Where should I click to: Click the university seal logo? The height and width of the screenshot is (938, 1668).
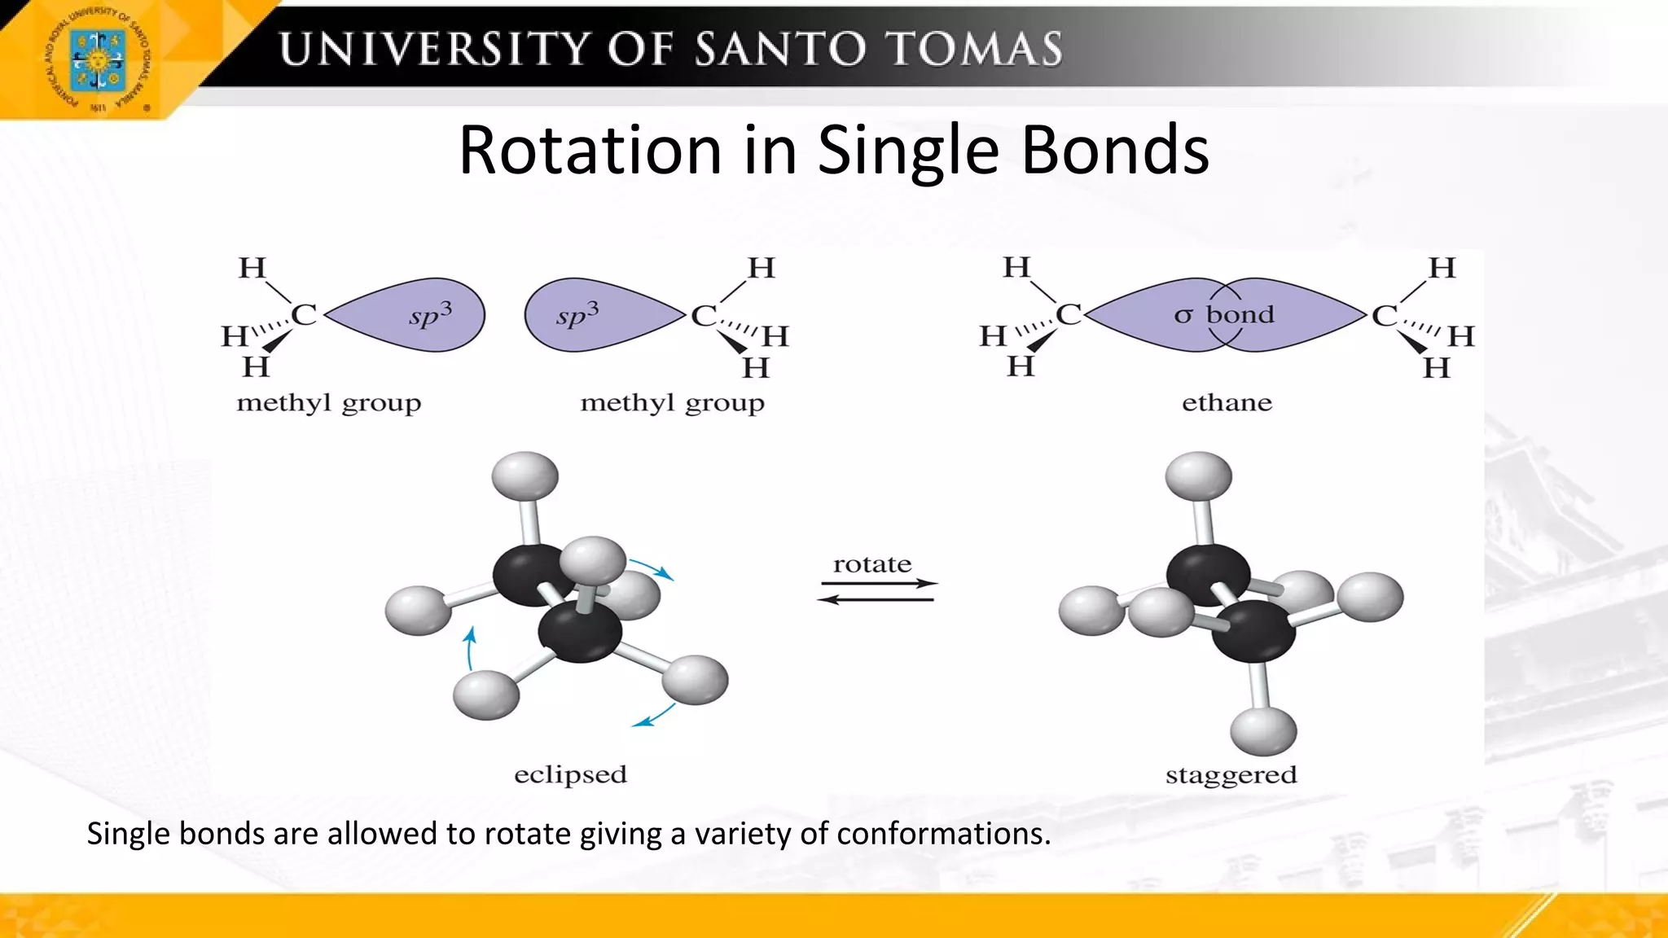pyautogui.click(x=98, y=60)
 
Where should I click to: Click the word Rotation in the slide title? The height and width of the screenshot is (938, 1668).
pyautogui.click(x=590, y=150)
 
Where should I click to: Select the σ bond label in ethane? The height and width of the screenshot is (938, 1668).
pyautogui.click(x=1224, y=314)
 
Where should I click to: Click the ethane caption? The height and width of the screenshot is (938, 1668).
pyautogui.click(x=1227, y=402)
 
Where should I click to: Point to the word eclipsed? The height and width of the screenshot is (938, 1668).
pyautogui.click(x=570, y=774)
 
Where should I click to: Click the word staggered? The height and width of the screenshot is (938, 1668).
pyautogui.click(x=1231, y=774)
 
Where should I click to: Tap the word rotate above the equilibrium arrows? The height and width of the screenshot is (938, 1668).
pyautogui.click(x=872, y=563)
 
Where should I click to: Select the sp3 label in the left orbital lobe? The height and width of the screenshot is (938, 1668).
pyautogui.click(x=430, y=314)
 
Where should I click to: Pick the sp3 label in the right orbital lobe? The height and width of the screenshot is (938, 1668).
pyautogui.click(x=577, y=314)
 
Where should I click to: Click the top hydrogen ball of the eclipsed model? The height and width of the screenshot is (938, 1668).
pyautogui.click(x=525, y=476)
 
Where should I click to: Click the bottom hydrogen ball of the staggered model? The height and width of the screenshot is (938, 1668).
pyautogui.click(x=1263, y=730)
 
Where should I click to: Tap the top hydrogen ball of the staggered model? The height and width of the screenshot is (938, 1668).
pyautogui.click(x=1198, y=476)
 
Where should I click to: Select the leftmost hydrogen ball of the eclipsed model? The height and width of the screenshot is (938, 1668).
pyautogui.click(x=418, y=610)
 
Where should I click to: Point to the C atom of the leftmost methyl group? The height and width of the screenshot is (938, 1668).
pyautogui.click(x=304, y=314)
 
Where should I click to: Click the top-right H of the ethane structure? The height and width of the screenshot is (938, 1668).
pyautogui.click(x=1442, y=267)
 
